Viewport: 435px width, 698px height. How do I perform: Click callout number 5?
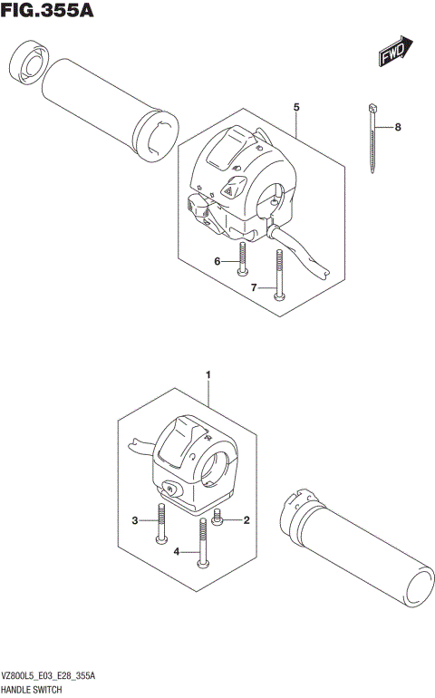coord(296,107)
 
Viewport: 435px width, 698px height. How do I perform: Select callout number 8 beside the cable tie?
coord(397,128)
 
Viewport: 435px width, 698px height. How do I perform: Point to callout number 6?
coord(217,261)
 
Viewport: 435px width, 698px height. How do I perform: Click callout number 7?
coord(255,287)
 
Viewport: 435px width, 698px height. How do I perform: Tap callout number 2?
coord(246,520)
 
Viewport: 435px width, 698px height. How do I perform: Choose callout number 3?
coord(135,520)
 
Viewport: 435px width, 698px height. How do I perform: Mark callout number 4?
coord(178,551)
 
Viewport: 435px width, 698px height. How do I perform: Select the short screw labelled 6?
coord(241,259)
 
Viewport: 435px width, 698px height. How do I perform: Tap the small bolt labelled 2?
coord(217,519)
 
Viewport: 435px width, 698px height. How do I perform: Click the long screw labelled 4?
coord(200,543)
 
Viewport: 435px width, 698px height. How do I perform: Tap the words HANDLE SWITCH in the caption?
coord(31,690)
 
